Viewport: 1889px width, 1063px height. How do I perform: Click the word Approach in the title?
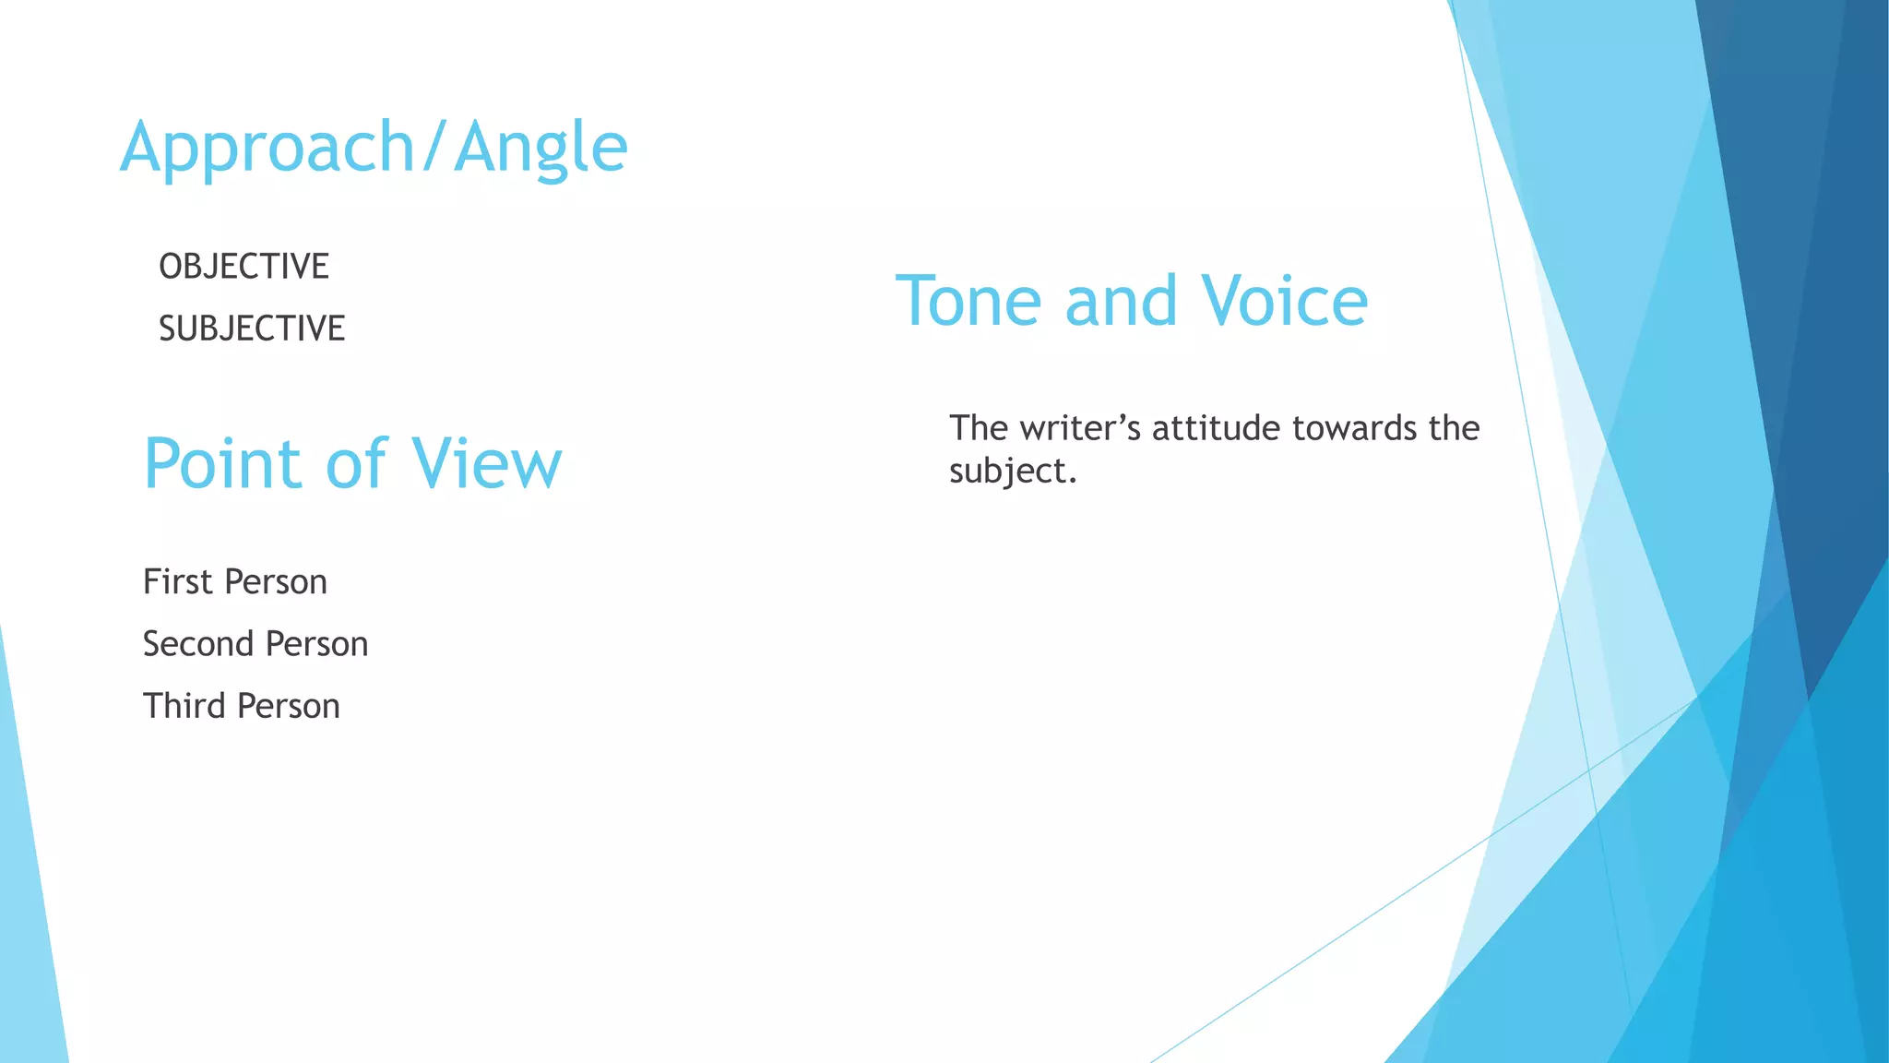coord(267,148)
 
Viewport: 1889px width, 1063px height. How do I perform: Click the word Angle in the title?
coord(541,148)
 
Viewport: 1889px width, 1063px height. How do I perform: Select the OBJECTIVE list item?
coord(244,267)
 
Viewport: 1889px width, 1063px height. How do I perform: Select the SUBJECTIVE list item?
coord(252,328)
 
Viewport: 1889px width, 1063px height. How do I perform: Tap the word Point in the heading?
coord(222,463)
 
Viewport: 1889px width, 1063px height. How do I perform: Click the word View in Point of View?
coord(486,463)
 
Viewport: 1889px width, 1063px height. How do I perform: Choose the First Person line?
coord(235,582)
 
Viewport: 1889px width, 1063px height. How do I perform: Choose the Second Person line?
coord(255,644)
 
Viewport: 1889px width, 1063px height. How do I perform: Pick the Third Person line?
coord(242,706)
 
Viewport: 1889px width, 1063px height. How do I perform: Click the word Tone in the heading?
coord(968,302)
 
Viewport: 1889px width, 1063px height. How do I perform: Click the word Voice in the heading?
coord(1284,302)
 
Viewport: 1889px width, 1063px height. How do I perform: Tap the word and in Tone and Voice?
coord(1121,302)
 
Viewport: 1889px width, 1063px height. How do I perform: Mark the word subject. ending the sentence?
coord(1013,472)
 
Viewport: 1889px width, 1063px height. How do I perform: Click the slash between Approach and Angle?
coord(434,148)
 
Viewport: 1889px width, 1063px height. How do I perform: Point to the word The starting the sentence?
coord(979,428)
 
